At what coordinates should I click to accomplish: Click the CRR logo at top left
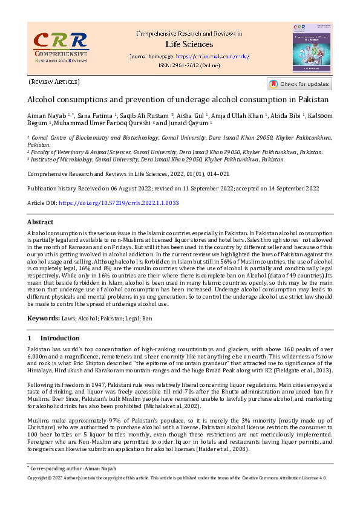(x=60, y=47)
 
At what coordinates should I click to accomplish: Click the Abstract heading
(x=41, y=222)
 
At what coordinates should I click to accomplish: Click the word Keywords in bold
(x=43, y=317)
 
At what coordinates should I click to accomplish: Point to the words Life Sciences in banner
(x=189, y=44)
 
